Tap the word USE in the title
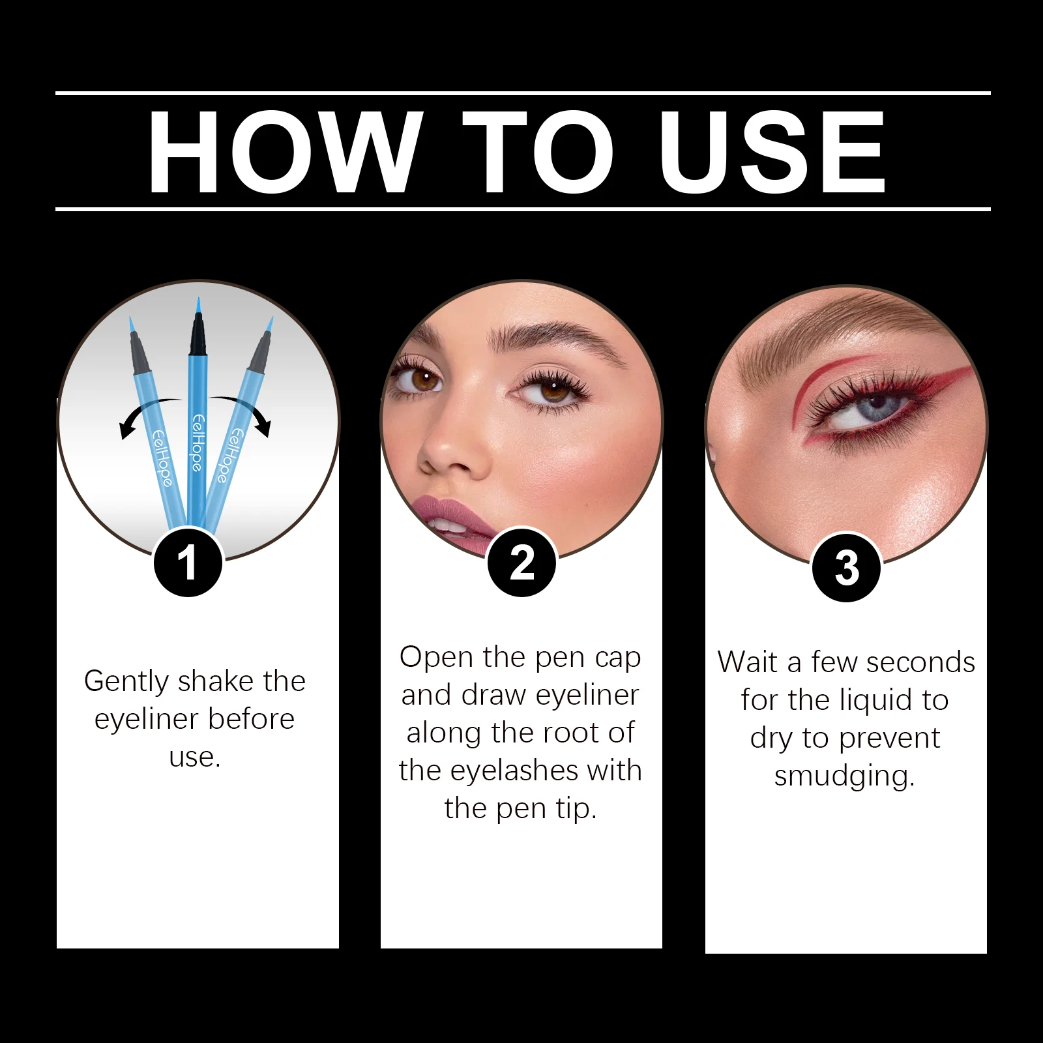[x=772, y=153]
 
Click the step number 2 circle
[x=522, y=563]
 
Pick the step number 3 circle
[x=846, y=567]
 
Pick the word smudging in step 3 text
[x=845, y=776]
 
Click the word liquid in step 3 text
[x=875, y=701]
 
